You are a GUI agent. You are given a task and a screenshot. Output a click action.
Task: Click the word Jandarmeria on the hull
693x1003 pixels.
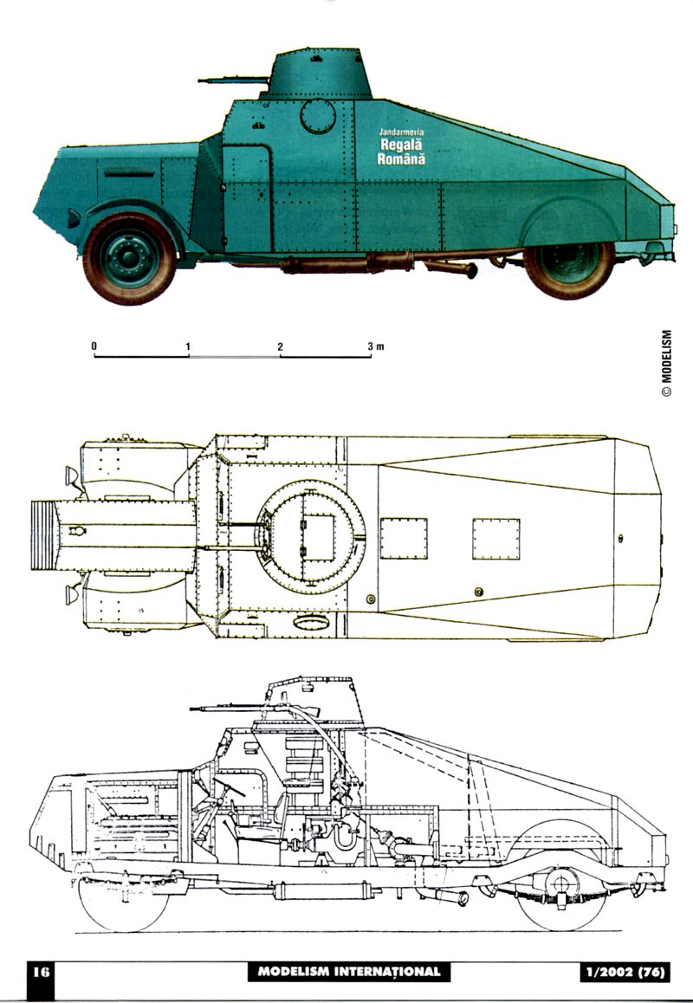[x=401, y=133]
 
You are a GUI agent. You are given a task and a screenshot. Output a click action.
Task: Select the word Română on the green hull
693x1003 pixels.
[x=401, y=159]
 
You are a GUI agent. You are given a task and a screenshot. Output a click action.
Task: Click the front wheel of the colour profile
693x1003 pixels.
[x=129, y=257]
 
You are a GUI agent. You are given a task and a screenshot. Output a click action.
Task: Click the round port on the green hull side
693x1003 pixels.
[x=317, y=116]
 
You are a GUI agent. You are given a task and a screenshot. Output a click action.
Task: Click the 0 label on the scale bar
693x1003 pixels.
[x=94, y=346]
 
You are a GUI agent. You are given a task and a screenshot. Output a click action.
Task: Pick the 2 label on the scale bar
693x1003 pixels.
[x=281, y=346]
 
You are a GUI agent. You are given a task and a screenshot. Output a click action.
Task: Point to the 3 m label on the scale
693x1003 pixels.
[x=375, y=346]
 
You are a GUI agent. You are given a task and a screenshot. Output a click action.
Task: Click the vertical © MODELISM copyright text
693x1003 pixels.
[x=666, y=363]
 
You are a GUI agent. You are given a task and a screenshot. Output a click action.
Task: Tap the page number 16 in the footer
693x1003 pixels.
[x=42, y=972]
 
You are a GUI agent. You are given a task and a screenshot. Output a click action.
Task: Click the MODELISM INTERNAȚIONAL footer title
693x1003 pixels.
[x=348, y=972]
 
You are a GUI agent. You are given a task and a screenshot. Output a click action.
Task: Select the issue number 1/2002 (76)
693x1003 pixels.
[x=624, y=972]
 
